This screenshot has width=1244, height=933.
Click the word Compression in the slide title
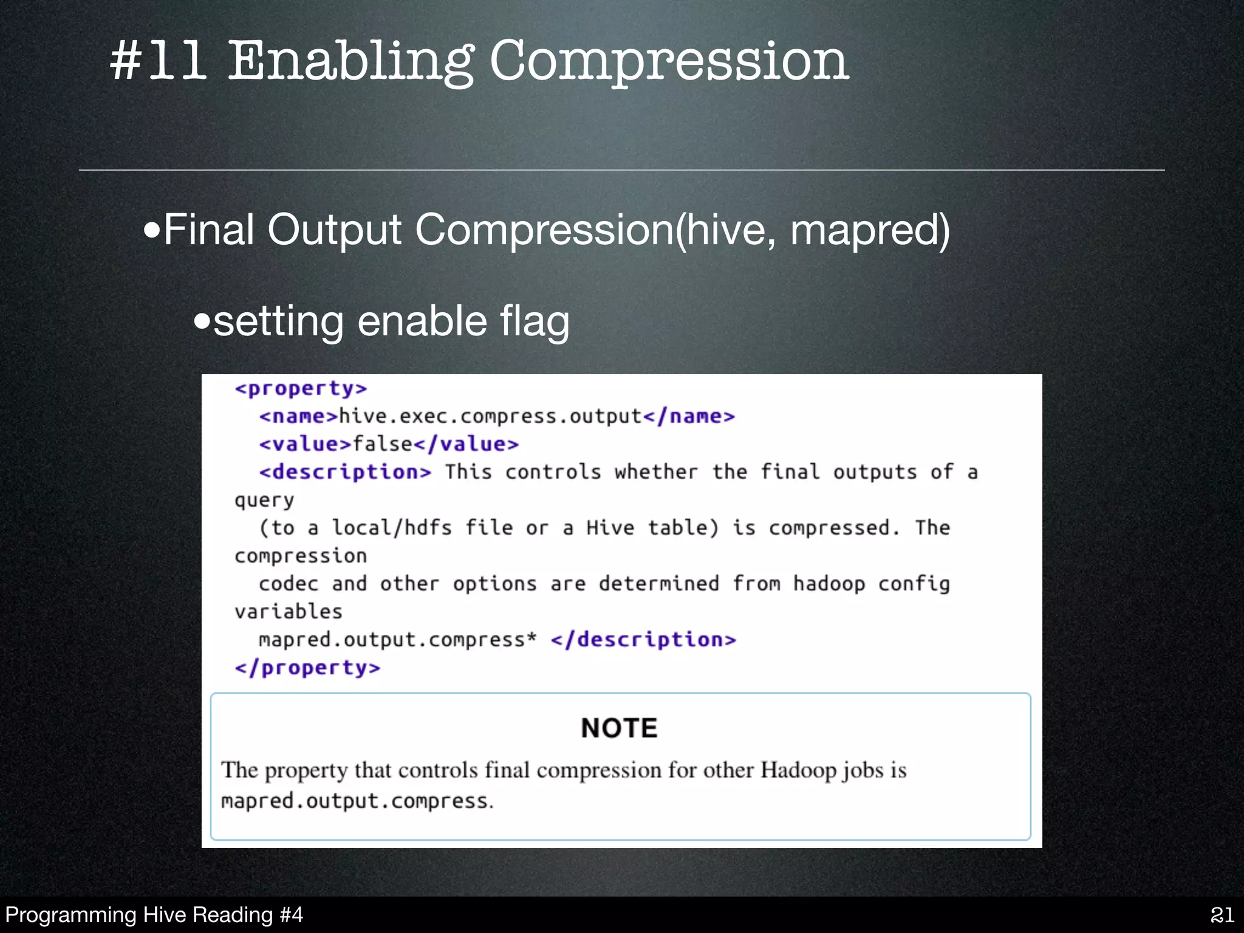669,62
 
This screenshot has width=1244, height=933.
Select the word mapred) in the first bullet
870,230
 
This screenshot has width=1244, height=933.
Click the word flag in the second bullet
535,321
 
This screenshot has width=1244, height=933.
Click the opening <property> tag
301,389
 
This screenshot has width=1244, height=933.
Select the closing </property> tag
307,668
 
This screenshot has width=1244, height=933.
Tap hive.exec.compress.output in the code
490,417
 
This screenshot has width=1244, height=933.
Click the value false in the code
383,444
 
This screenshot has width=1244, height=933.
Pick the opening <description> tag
345,472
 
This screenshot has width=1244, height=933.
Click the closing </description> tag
643,640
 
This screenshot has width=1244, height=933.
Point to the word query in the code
264,501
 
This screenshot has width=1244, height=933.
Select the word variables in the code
289,612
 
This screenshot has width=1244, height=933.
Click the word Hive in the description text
610,528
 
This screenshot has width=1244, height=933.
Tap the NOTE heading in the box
619,728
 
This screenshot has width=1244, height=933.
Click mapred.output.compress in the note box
355,801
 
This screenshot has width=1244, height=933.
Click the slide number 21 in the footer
1222,915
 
